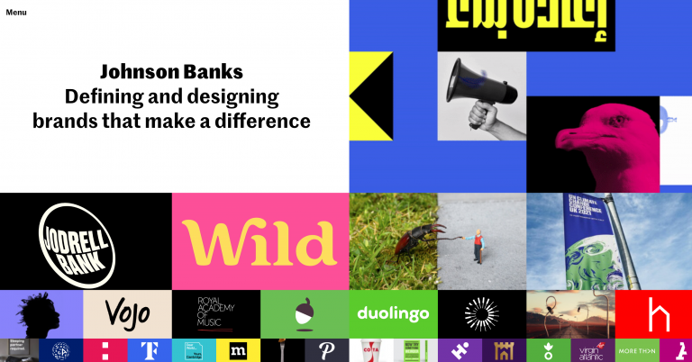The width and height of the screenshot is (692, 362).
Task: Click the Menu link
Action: coord(16,13)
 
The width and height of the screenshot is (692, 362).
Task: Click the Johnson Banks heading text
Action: coord(171,71)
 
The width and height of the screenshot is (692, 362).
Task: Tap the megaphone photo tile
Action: coord(481,95)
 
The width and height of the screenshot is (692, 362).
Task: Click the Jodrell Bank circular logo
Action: coord(78,240)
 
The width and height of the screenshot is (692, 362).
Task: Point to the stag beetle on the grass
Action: coord(417,238)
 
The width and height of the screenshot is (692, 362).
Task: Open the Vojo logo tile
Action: coord(127,314)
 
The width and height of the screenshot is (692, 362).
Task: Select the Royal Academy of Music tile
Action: coord(216,314)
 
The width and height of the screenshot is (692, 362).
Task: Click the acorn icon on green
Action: coord(305,313)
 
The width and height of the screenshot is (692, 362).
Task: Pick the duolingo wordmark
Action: coord(393,314)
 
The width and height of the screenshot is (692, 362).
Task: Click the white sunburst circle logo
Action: coord(481,314)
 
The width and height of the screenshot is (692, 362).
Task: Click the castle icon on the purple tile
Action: coord(504,350)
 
